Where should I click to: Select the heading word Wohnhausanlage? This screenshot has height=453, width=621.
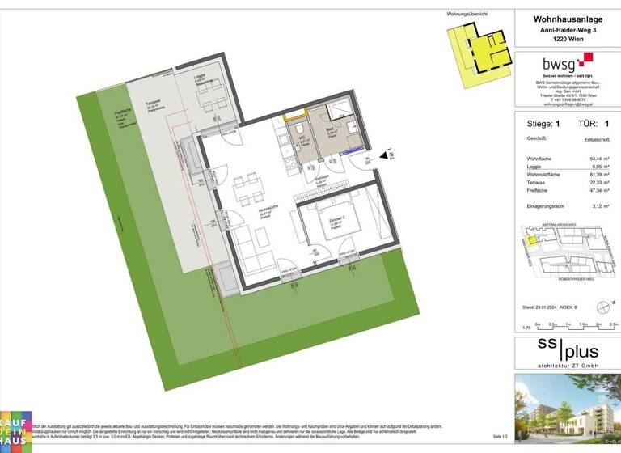pos(566,19)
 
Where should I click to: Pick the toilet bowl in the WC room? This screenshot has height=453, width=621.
pos(298,129)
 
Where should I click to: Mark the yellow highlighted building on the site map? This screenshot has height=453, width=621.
pos(530,237)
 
